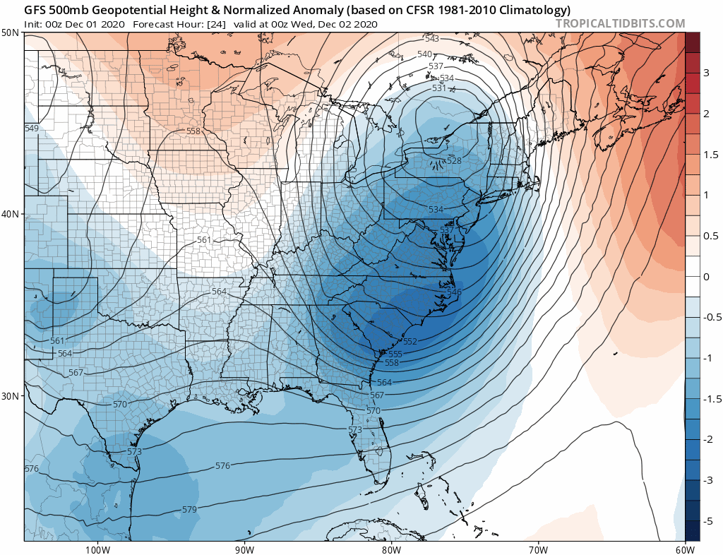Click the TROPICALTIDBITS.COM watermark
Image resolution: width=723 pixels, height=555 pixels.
(x=621, y=23)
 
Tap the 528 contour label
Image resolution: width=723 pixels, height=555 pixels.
(x=454, y=161)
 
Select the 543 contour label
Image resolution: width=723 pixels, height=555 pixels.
(x=432, y=39)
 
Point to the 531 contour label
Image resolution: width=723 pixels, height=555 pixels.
(x=439, y=88)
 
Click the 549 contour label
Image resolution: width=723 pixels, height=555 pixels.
(x=31, y=129)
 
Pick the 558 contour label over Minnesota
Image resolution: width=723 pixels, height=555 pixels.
(x=193, y=131)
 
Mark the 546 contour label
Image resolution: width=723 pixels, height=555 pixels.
(x=453, y=292)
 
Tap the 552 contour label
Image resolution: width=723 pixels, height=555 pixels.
(x=410, y=341)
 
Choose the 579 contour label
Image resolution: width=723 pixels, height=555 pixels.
(x=189, y=509)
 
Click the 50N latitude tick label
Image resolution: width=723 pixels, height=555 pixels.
(x=11, y=33)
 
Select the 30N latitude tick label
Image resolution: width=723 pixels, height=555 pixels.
(x=11, y=395)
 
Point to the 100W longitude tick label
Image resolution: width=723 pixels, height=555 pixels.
(x=97, y=549)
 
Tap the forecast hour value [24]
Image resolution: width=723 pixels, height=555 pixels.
(x=216, y=24)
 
